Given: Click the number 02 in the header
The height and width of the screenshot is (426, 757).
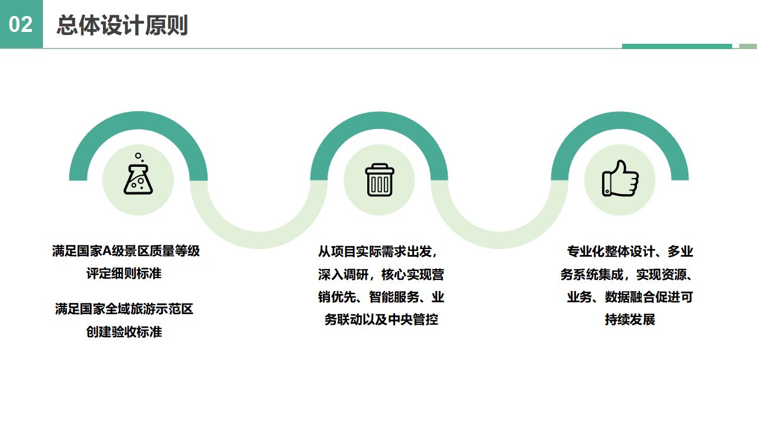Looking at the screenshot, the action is coord(21,24).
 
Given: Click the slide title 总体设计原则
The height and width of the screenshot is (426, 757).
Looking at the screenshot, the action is coord(122,25).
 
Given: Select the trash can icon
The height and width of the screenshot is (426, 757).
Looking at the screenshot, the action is coord(379,179).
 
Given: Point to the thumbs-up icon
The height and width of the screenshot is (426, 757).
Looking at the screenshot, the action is coord(620,179).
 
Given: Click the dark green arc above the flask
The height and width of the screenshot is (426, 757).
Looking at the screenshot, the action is coord(138,121).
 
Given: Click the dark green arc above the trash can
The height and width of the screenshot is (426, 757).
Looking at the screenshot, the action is coord(379,121).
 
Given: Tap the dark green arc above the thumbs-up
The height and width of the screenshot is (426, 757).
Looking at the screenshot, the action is coord(620,121).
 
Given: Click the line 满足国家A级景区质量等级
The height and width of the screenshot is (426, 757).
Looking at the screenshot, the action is coord(125,251).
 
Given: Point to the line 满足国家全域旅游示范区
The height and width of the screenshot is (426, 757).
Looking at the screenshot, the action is coord(124,309).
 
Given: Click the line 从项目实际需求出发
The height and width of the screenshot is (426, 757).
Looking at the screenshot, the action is coord(378,251).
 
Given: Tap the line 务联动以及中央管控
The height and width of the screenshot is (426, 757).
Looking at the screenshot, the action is coord(381,320).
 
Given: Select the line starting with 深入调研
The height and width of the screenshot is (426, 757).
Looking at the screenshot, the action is coord(381,275).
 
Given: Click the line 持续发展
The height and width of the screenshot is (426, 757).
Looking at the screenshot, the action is coord(630,320).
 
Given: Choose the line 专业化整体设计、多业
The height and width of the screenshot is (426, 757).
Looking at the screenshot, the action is coord(630,251).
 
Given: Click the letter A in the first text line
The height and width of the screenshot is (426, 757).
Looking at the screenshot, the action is coord(107,251).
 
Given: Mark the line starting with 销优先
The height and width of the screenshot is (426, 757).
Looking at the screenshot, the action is coord(381,297).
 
